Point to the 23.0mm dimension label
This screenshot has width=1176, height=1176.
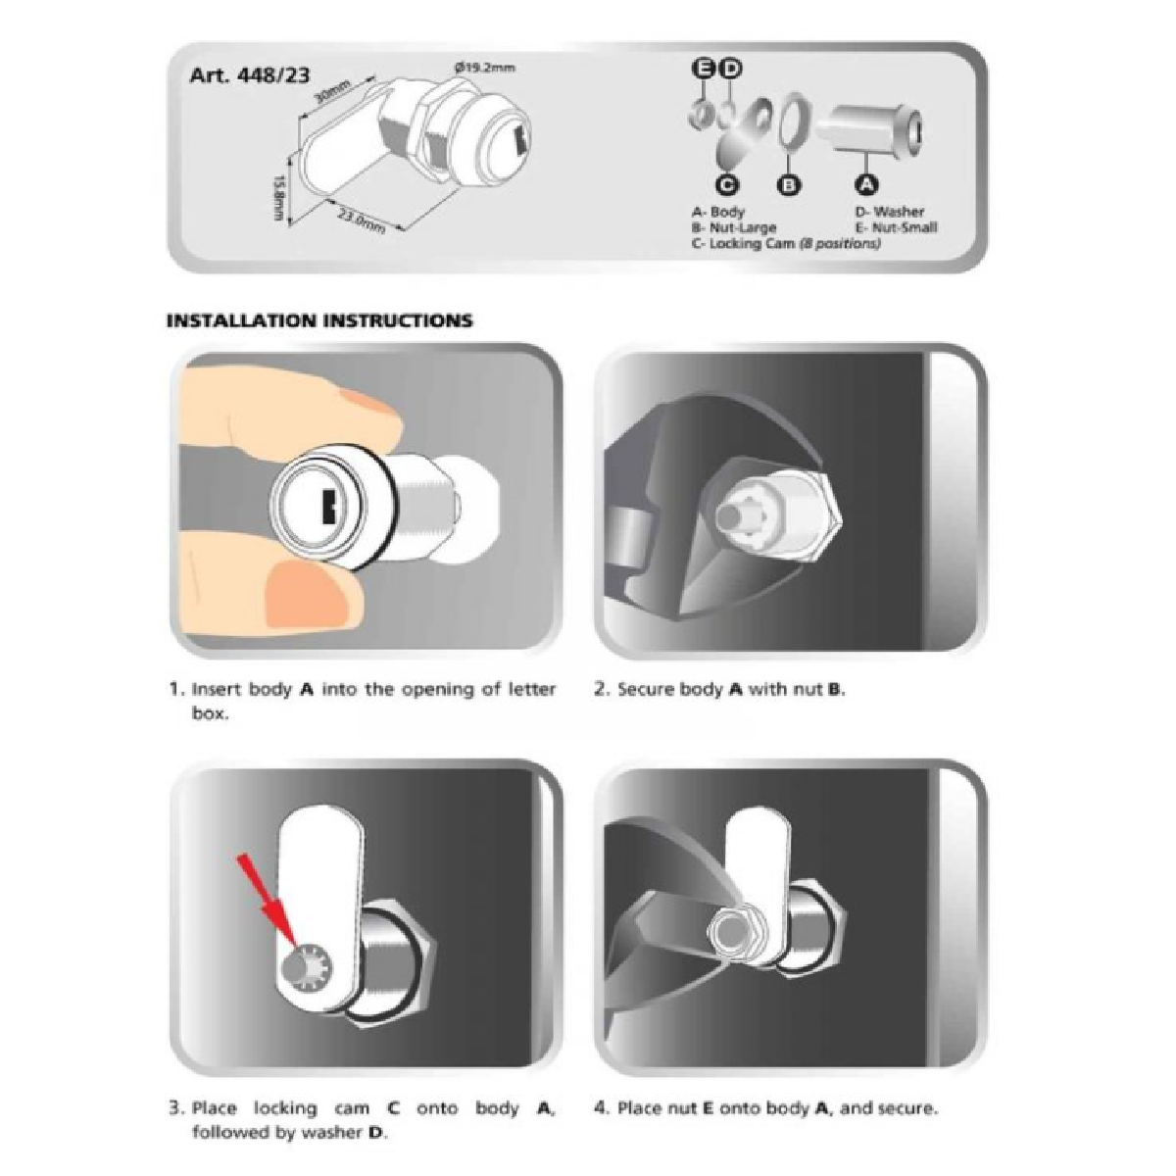pos(361,220)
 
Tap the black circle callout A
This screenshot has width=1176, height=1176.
pos(864,183)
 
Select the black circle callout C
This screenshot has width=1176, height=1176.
pos(726,184)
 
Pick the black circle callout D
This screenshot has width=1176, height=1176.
pos(730,68)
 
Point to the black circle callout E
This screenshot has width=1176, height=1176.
pos(704,68)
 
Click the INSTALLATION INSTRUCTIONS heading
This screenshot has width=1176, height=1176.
pos(319,320)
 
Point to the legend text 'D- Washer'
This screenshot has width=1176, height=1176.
pos(889,211)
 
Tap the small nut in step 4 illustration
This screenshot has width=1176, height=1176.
pos(730,926)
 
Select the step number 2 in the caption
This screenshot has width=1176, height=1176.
pos(601,689)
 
